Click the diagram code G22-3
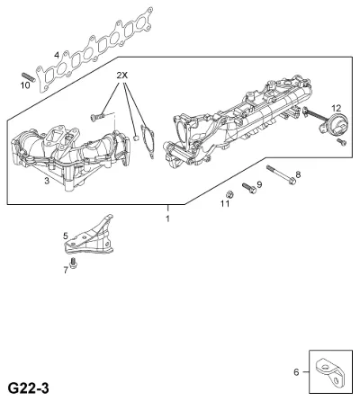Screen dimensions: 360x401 click(28, 388)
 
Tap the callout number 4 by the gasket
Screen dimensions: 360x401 click(57, 55)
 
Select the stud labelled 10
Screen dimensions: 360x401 click(28, 76)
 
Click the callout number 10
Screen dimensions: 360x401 click(25, 85)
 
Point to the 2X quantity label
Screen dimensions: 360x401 click(122, 76)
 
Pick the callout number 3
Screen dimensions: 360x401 click(47, 181)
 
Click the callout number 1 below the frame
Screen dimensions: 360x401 click(167, 218)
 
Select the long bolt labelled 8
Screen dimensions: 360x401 click(282, 175)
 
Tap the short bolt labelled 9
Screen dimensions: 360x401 click(249, 188)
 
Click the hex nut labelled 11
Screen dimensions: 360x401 click(229, 194)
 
